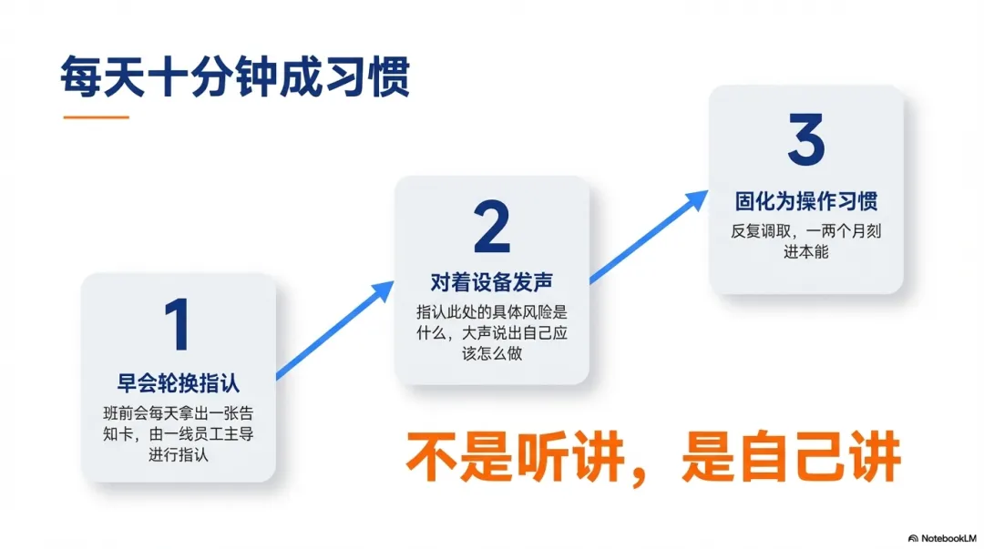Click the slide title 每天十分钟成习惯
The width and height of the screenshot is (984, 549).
click(x=235, y=76)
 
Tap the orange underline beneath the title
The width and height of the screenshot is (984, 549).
click(x=95, y=117)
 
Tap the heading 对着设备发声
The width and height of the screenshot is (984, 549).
click(x=492, y=282)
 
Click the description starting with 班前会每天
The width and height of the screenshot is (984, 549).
click(x=179, y=433)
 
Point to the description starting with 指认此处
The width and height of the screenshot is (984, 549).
click(x=492, y=332)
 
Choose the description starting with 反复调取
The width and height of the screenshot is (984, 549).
click(x=806, y=241)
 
